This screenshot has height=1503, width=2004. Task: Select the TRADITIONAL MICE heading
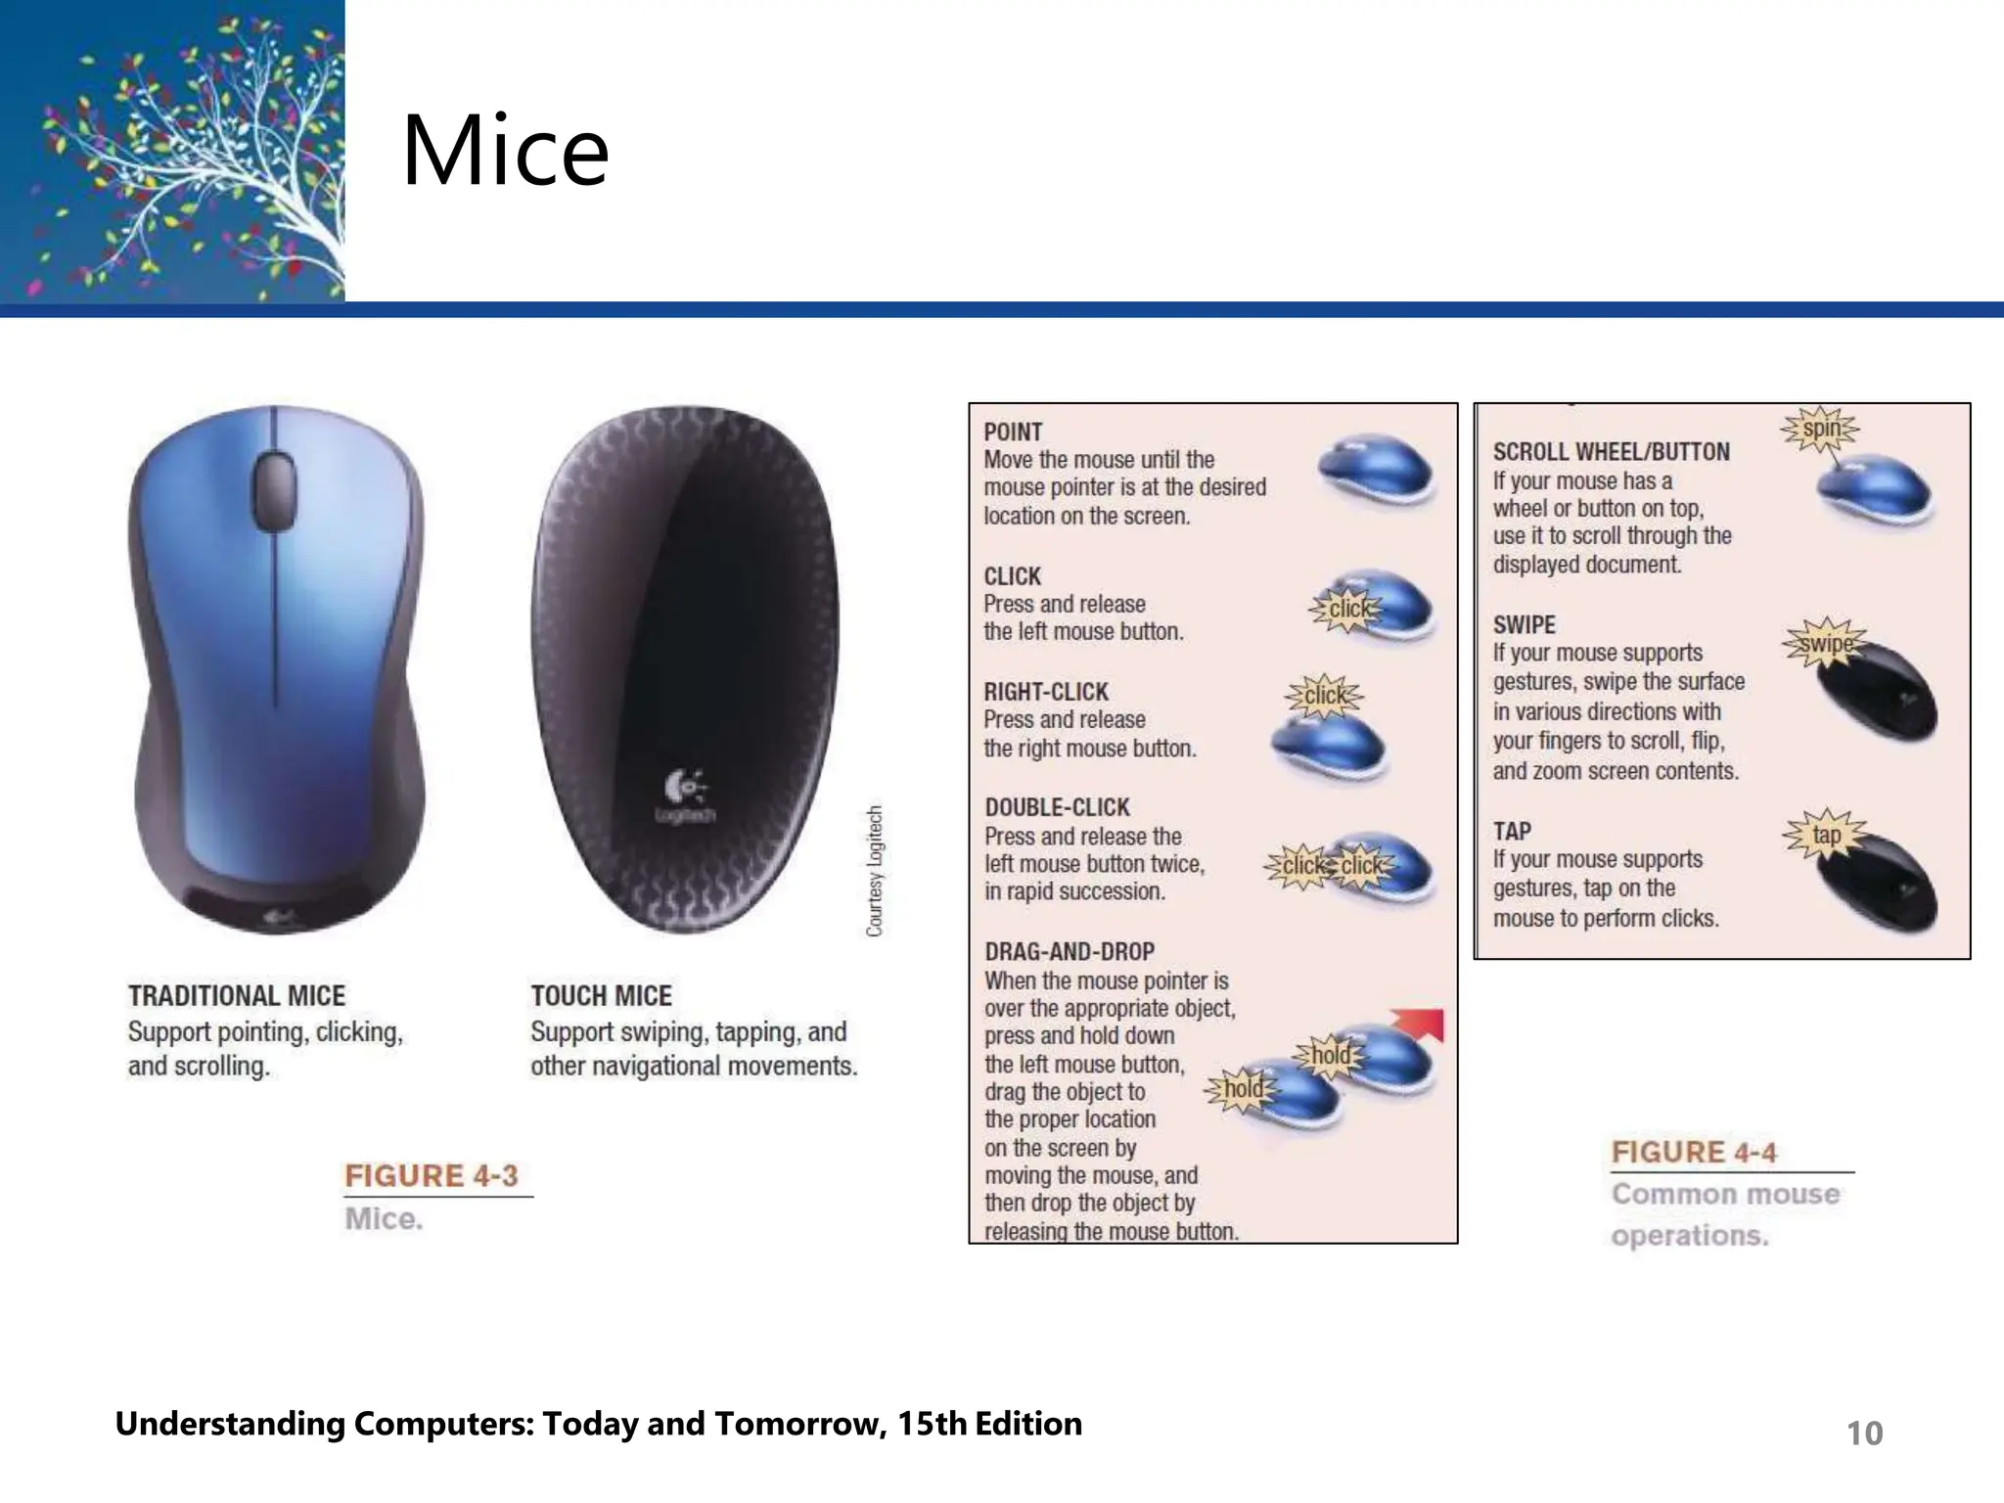(x=237, y=996)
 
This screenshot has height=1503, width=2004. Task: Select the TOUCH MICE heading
(x=601, y=996)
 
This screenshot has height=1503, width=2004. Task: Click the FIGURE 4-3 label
(x=432, y=1175)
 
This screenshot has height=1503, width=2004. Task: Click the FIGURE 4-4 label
(x=1694, y=1152)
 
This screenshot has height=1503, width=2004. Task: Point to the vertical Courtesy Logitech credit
(x=875, y=870)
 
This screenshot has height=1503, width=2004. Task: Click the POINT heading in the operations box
(x=1013, y=432)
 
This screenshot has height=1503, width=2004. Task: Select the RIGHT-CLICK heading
(x=1046, y=692)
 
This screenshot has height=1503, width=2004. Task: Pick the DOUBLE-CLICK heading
(x=1057, y=807)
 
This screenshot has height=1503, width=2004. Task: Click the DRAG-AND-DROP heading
(x=1070, y=951)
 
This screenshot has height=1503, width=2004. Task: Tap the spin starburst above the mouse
(x=1820, y=429)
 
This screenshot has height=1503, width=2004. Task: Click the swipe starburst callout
(x=1826, y=643)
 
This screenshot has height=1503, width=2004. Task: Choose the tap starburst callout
(x=1826, y=835)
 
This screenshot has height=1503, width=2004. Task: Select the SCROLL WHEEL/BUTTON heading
(x=1611, y=452)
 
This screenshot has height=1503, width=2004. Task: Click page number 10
(x=1864, y=1433)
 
